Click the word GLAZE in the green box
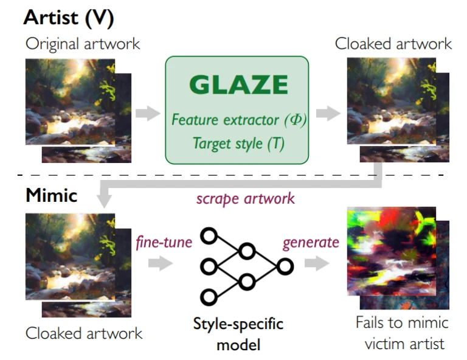[238, 85]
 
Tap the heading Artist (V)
[69, 18]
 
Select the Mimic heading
[52, 195]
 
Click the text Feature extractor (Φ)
[239, 120]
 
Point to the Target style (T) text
[238, 144]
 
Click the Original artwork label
[83, 44]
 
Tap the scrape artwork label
[246, 199]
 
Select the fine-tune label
[164, 242]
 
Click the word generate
[311, 243]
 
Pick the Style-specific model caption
[238, 334]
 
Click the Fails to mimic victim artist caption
[403, 333]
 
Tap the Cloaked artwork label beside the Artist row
[393, 44]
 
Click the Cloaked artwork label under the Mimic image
[84, 333]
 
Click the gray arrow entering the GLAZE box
[148, 114]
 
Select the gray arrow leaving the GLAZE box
[328, 113]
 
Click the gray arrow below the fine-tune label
[161, 263]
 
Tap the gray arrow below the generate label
[317, 263]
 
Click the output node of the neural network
[285, 266]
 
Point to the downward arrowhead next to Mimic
[104, 201]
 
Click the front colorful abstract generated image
[392, 251]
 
